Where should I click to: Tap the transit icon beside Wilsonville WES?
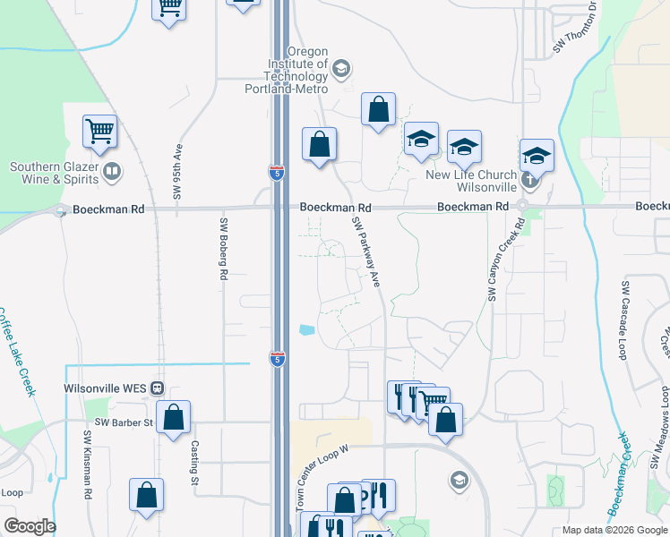[157, 389]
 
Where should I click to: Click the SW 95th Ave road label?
[178, 171]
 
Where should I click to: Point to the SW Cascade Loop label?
[623, 320]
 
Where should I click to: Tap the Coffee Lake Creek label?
[17, 351]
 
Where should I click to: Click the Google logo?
[30, 526]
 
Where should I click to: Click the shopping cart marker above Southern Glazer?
[99, 132]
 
